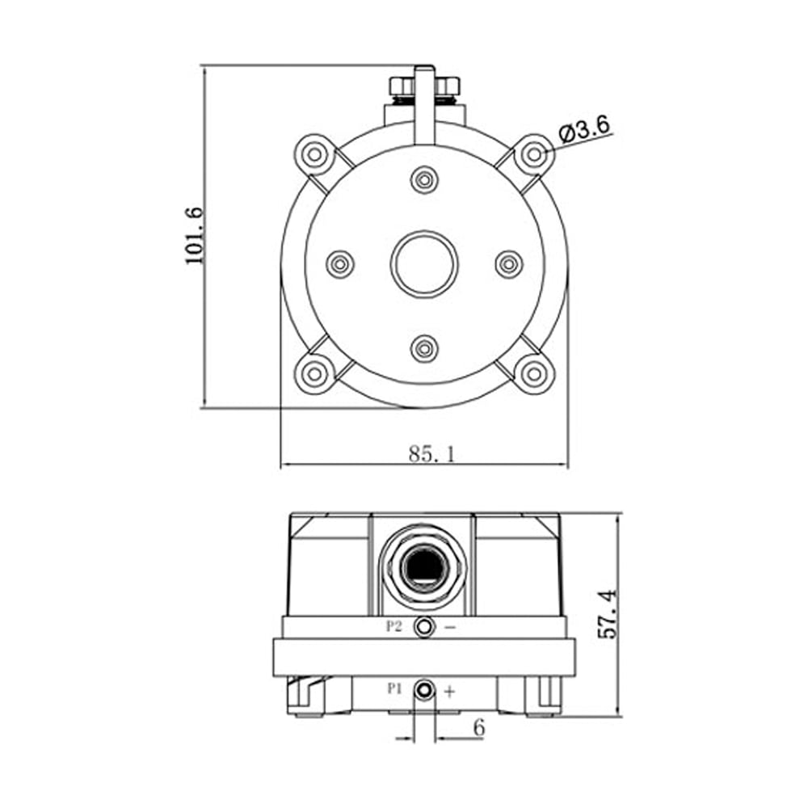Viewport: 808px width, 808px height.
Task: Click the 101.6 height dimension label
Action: click(x=196, y=236)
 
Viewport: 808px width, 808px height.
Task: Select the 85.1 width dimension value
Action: click(x=432, y=454)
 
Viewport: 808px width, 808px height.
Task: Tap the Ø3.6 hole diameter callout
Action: click(x=584, y=128)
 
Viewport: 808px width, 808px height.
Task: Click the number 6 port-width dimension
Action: click(x=479, y=728)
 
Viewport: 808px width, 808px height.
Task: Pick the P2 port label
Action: click(x=393, y=627)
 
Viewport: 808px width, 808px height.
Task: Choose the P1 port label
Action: click(x=394, y=688)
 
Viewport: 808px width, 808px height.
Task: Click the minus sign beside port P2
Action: click(x=450, y=628)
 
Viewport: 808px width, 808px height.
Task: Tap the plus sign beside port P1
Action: click(x=450, y=691)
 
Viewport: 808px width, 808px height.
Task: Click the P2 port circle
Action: click(x=424, y=627)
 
